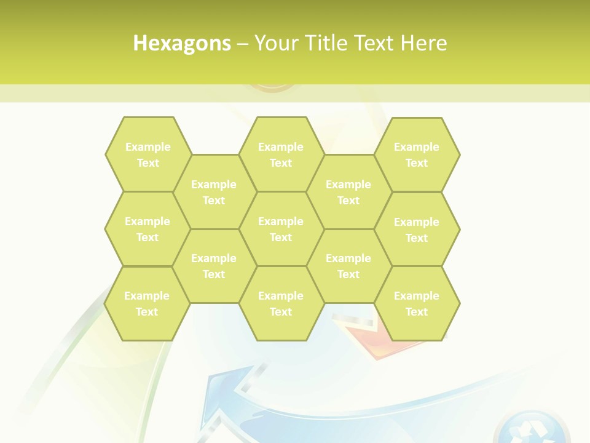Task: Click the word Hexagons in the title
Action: pos(182,43)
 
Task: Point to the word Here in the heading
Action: pos(424,43)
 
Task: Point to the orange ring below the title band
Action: pos(274,89)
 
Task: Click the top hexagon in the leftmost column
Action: pos(147,154)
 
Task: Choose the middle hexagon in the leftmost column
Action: pos(147,229)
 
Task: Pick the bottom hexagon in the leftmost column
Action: pos(147,303)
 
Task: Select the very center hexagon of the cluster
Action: pos(281,229)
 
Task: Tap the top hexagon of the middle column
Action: pos(281,154)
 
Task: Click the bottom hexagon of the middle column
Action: pos(281,303)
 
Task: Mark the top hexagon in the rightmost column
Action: pos(417,154)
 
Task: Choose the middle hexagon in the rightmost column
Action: pos(417,229)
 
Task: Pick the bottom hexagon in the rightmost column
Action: pos(417,303)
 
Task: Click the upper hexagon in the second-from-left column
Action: pos(214,192)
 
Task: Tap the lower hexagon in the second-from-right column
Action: pos(348,266)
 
